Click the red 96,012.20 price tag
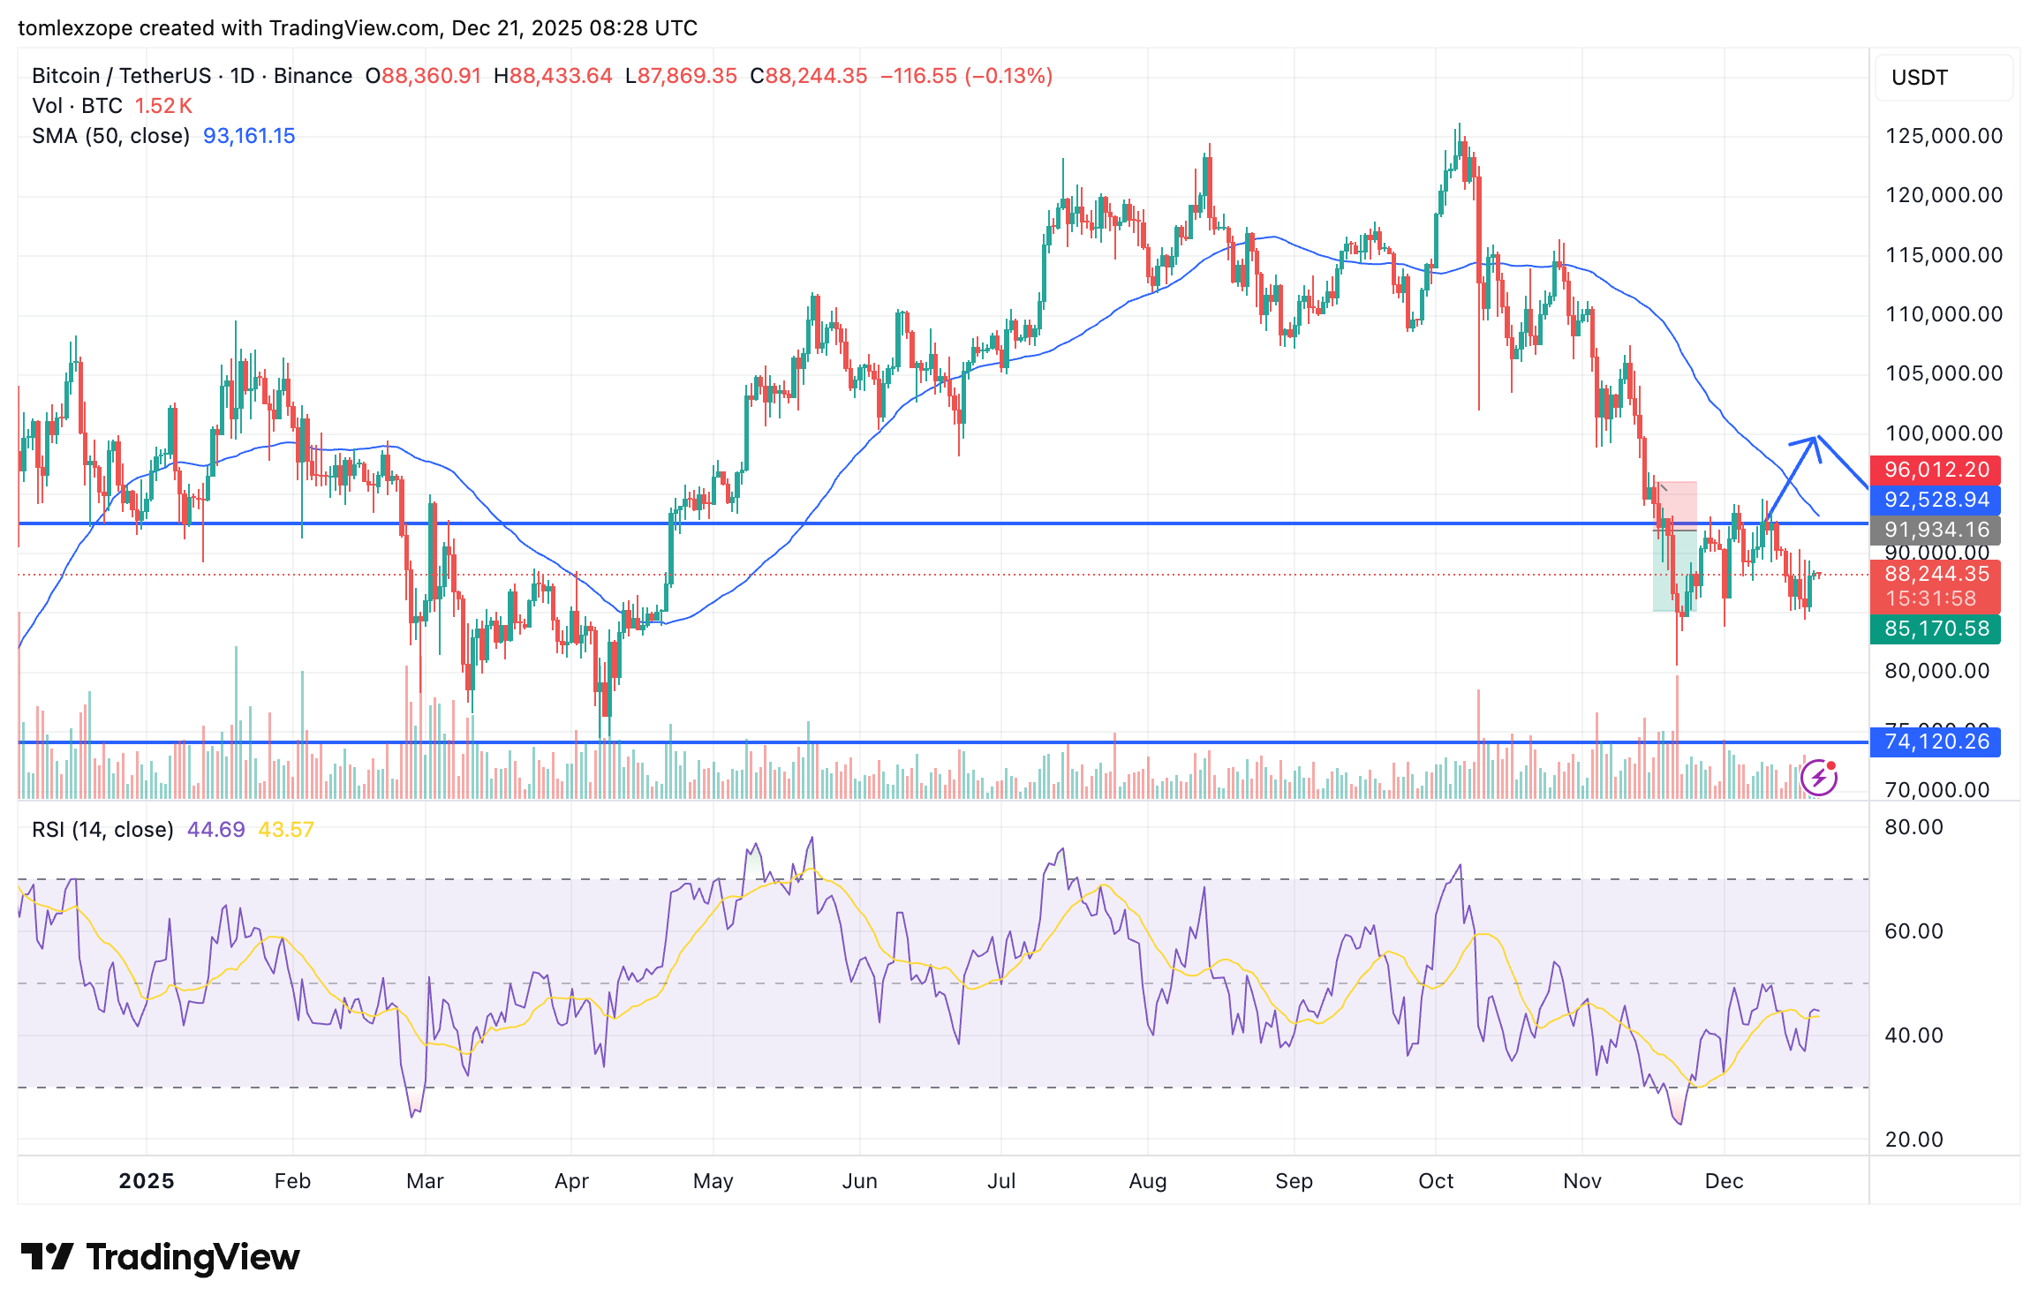[1936, 470]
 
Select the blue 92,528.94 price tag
[1936, 500]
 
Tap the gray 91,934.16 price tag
[1936, 530]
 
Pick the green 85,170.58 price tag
[1936, 629]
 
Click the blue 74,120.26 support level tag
[1936, 742]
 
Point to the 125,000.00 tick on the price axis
[1944, 136]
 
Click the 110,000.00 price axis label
[1944, 314]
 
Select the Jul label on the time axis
[1001, 1181]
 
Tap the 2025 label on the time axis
[147, 1181]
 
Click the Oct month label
[1436, 1181]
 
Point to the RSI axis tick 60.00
[1913, 931]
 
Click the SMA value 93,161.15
[249, 136]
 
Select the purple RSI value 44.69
[215, 830]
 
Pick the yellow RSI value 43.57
[286, 830]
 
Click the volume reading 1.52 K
[163, 106]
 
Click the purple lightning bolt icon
[1819, 778]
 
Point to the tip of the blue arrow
[1815, 438]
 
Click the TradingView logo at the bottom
[161, 1257]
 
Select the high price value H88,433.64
[553, 76]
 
